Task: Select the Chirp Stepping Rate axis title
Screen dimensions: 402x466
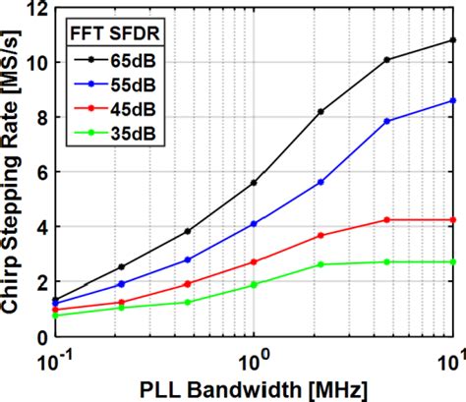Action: pos(13,172)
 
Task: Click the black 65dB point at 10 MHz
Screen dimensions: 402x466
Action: pos(452,40)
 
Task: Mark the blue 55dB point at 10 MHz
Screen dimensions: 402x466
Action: pos(452,100)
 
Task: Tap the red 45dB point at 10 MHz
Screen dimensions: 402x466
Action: pos(452,219)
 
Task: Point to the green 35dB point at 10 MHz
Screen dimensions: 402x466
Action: pos(452,261)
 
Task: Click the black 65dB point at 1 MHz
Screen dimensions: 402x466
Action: pos(255,183)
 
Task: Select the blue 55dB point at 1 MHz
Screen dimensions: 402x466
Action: pos(255,223)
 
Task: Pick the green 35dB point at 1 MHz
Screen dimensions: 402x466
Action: pos(255,284)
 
